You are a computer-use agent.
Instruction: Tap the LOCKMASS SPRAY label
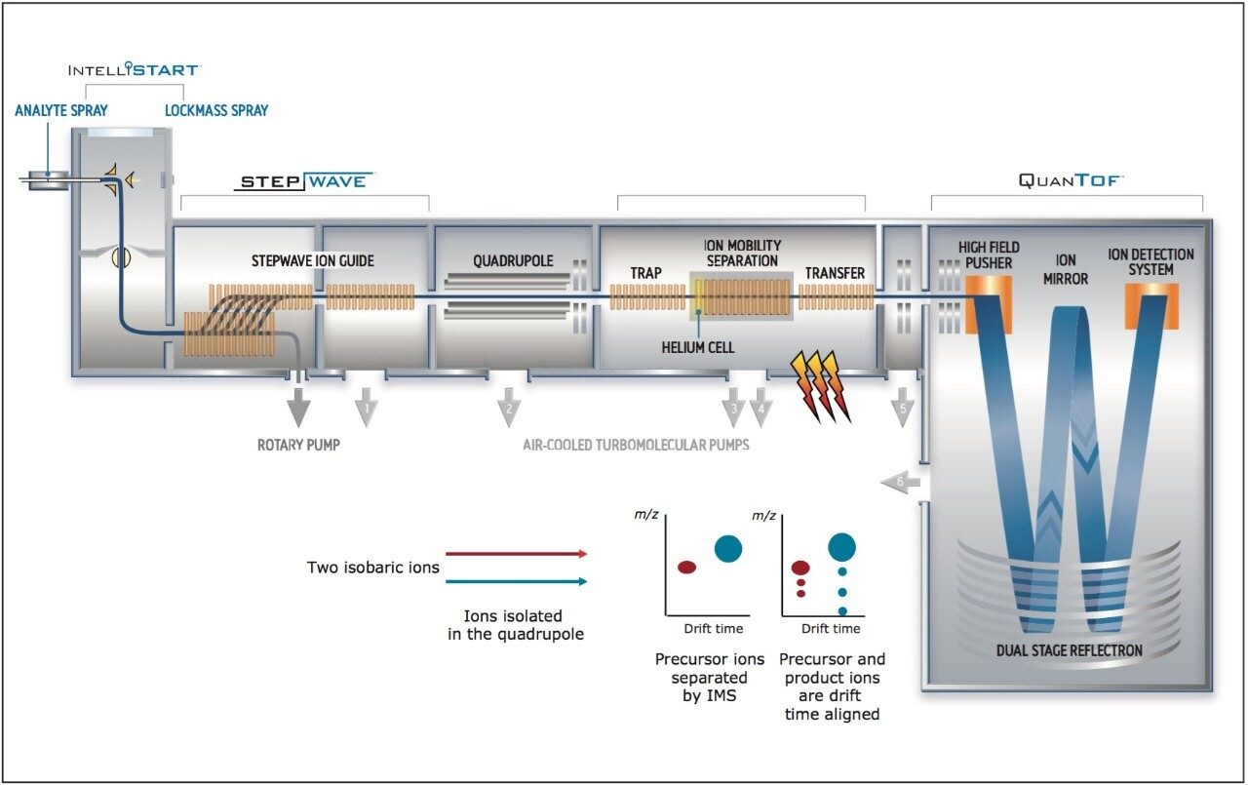pyautogui.click(x=215, y=110)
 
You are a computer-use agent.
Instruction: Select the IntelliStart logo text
pyautogui.click(x=134, y=70)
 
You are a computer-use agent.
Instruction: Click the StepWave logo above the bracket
pyautogui.click(x=304, y=181)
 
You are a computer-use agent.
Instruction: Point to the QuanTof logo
pyautogui.click(x=1070, y=180)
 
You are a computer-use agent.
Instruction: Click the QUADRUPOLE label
pyautogui.click(x=513, y=260)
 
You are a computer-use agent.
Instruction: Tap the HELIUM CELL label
pyautogui.click(x=697, y=347)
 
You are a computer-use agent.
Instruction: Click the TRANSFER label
pyautogui.click(x=835, y=273)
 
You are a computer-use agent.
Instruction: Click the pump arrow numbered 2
pyautogui.click(x=507, y=406)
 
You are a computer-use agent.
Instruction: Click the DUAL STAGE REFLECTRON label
pyautogui.click(x=1068, y=650)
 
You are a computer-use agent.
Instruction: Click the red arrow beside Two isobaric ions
pyautogui.click(x=517, y=553)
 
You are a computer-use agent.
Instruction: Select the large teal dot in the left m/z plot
pyautogui.click(x=728, y=549)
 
